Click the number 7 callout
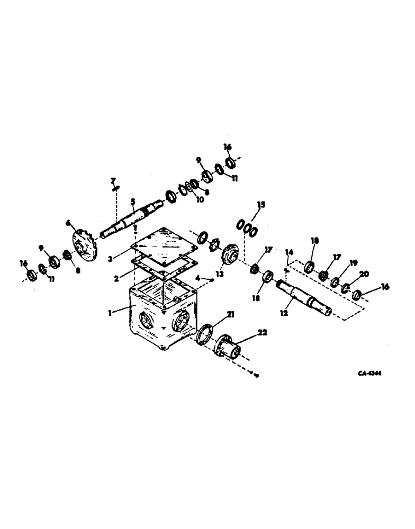click(113, 180)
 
